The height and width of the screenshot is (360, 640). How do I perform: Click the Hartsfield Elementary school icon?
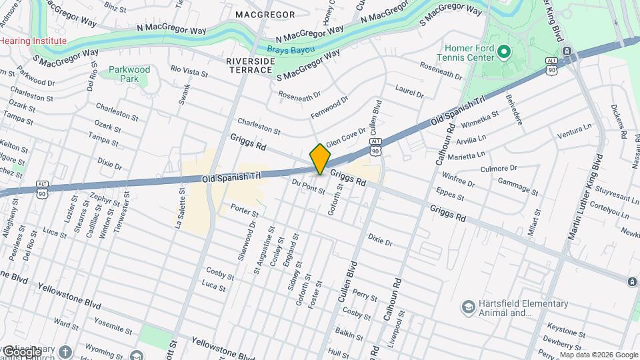tap(469, 307)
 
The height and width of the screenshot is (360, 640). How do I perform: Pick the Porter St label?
tap(244, 211)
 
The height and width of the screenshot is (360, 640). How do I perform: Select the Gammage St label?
tap(517, 187)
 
